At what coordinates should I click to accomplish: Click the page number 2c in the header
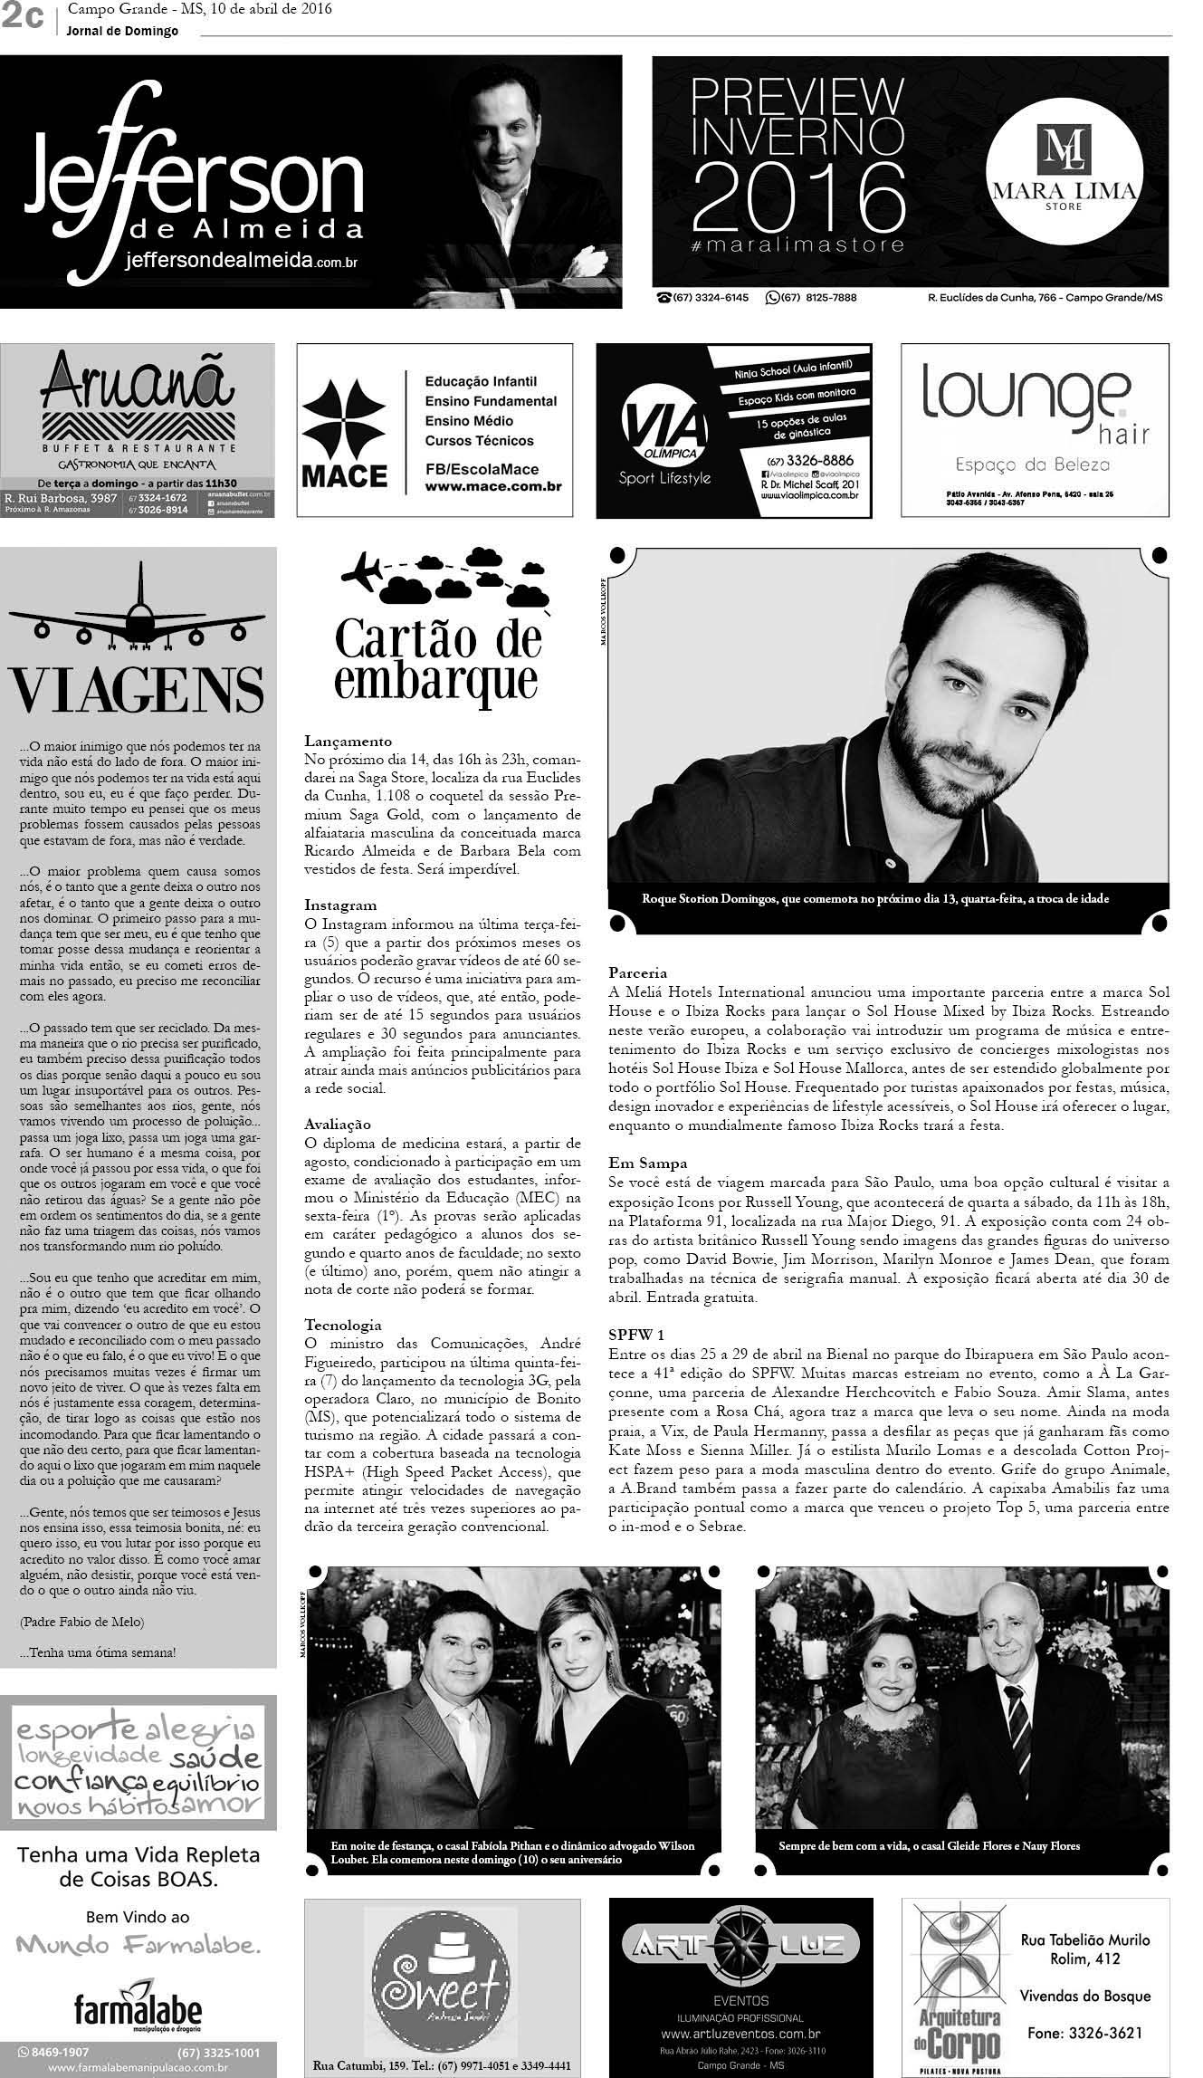(x=23, y=18)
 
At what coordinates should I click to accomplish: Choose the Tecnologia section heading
(x=343, y=1325)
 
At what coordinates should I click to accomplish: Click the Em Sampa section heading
(x=647, y=1163)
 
